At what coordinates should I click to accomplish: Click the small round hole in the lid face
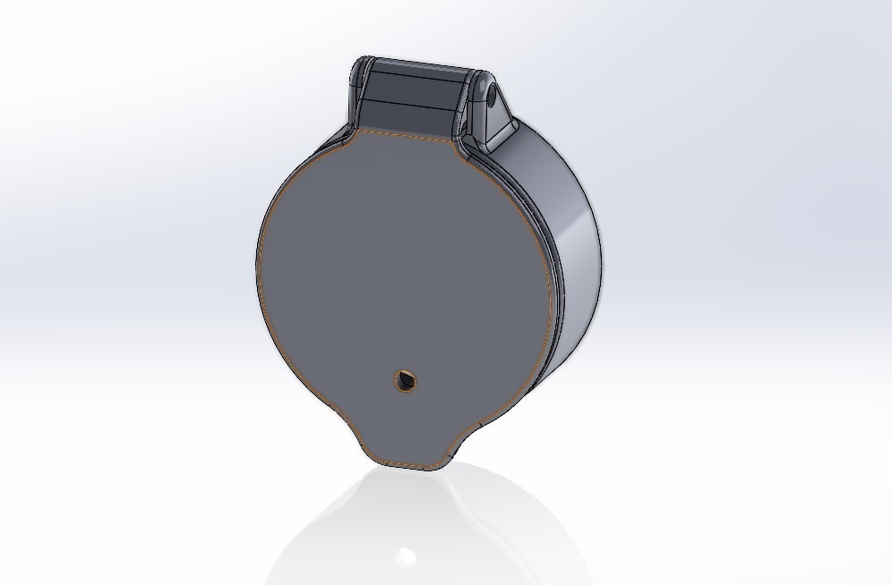pos(406,380)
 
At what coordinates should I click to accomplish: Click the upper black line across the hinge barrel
pos(416,78)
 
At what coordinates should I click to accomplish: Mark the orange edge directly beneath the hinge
pos(407,136)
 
